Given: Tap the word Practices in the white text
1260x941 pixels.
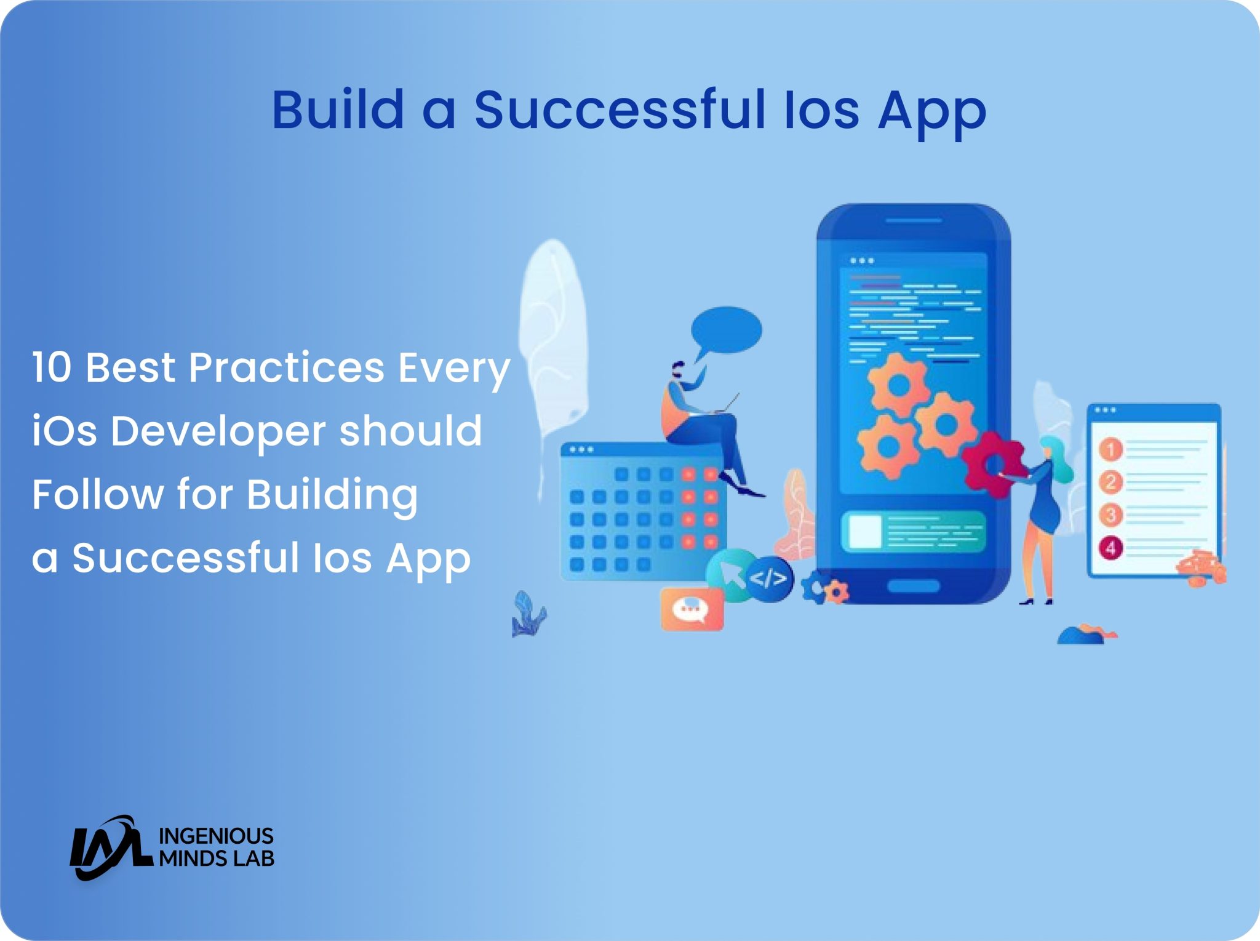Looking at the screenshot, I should pos(286,367).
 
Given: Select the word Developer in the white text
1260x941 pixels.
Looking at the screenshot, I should pos(218,431).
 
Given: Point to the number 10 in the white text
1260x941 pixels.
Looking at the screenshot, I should pos(52,367).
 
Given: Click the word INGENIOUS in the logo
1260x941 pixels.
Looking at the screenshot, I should pos(216,836).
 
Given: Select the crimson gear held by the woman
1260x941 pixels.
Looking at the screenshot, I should pos(992,465).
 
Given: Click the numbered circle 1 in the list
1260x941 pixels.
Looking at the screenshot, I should pos(1110,449).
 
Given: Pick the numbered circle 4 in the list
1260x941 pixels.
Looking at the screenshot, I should pos(1110,547).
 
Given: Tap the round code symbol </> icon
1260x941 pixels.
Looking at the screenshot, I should pos(769,579).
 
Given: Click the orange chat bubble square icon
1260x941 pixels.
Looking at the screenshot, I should pos(692,609).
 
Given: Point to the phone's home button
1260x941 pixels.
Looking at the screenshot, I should pos(913,586).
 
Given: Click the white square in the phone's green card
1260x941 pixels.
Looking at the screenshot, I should pos(864,531).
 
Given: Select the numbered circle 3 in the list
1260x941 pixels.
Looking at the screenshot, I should pos(1110,515).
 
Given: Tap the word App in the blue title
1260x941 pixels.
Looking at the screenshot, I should pos(931,111).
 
